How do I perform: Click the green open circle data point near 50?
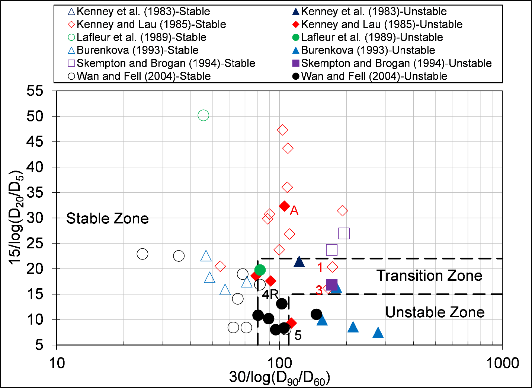[203, 115]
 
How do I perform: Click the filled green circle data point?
[260, 270]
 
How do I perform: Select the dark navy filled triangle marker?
[299, 262]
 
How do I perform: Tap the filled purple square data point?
[331, 285]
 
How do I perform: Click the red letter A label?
[294, 211]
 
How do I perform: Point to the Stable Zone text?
[107, 218]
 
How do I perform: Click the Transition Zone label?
[429, 276]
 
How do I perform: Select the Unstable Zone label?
[435, 312]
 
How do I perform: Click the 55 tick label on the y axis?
[35, 91]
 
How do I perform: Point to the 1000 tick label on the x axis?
[502, 363]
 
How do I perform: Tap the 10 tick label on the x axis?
[57, 363]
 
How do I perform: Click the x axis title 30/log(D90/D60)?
[279, 378]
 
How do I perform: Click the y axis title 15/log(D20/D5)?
[17, 218]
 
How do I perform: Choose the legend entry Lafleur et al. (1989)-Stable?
[141, 37]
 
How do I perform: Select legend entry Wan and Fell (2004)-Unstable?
[374, 76]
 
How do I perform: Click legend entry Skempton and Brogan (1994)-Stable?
[166, 63]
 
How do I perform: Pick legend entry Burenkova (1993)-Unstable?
[368, 50]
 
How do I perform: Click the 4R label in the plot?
[270, 295]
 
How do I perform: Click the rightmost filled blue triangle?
[378, 333]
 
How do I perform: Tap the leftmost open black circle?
[142, 254]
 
